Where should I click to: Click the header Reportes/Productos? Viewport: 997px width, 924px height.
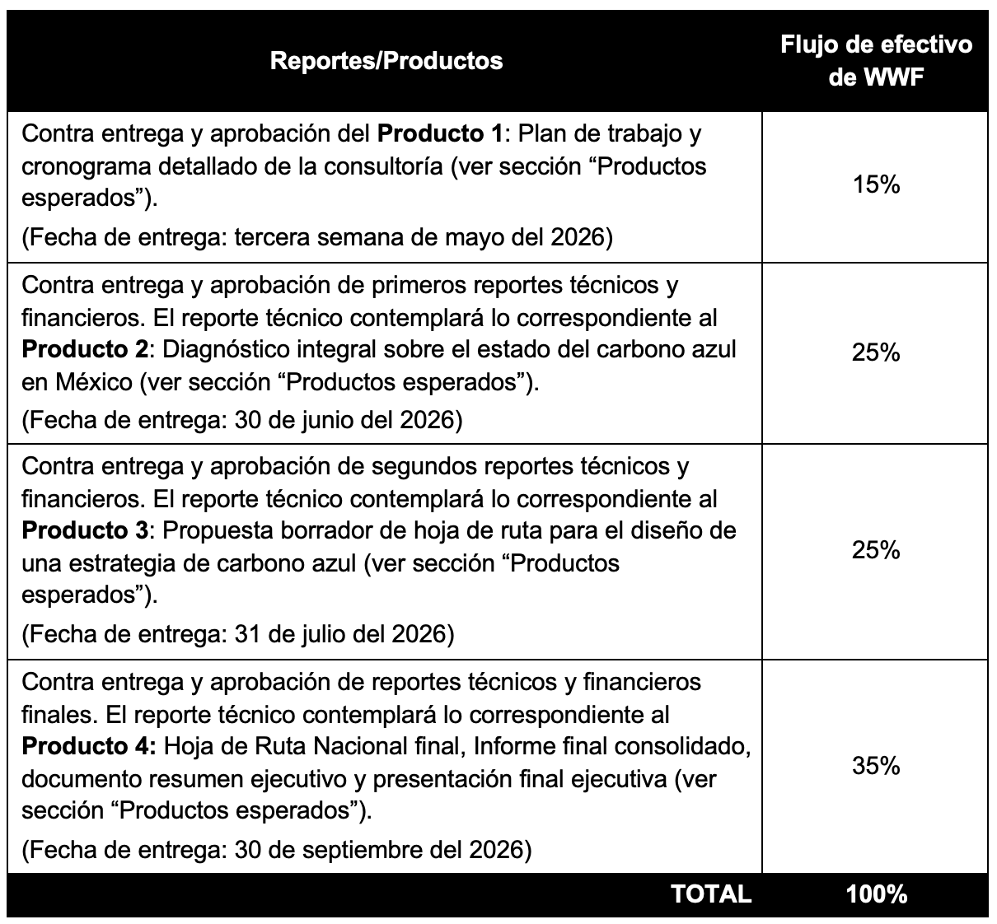[386, 60]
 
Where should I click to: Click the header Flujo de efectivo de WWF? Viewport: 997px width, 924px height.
[876, 60]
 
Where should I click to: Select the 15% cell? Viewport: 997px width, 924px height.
[876, 185]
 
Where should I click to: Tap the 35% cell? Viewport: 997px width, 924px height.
[876, 766]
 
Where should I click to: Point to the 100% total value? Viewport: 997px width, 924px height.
[876, 894]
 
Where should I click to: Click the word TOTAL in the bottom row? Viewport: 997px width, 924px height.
[711, 894]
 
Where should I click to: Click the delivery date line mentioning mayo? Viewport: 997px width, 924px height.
[317, 238]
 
